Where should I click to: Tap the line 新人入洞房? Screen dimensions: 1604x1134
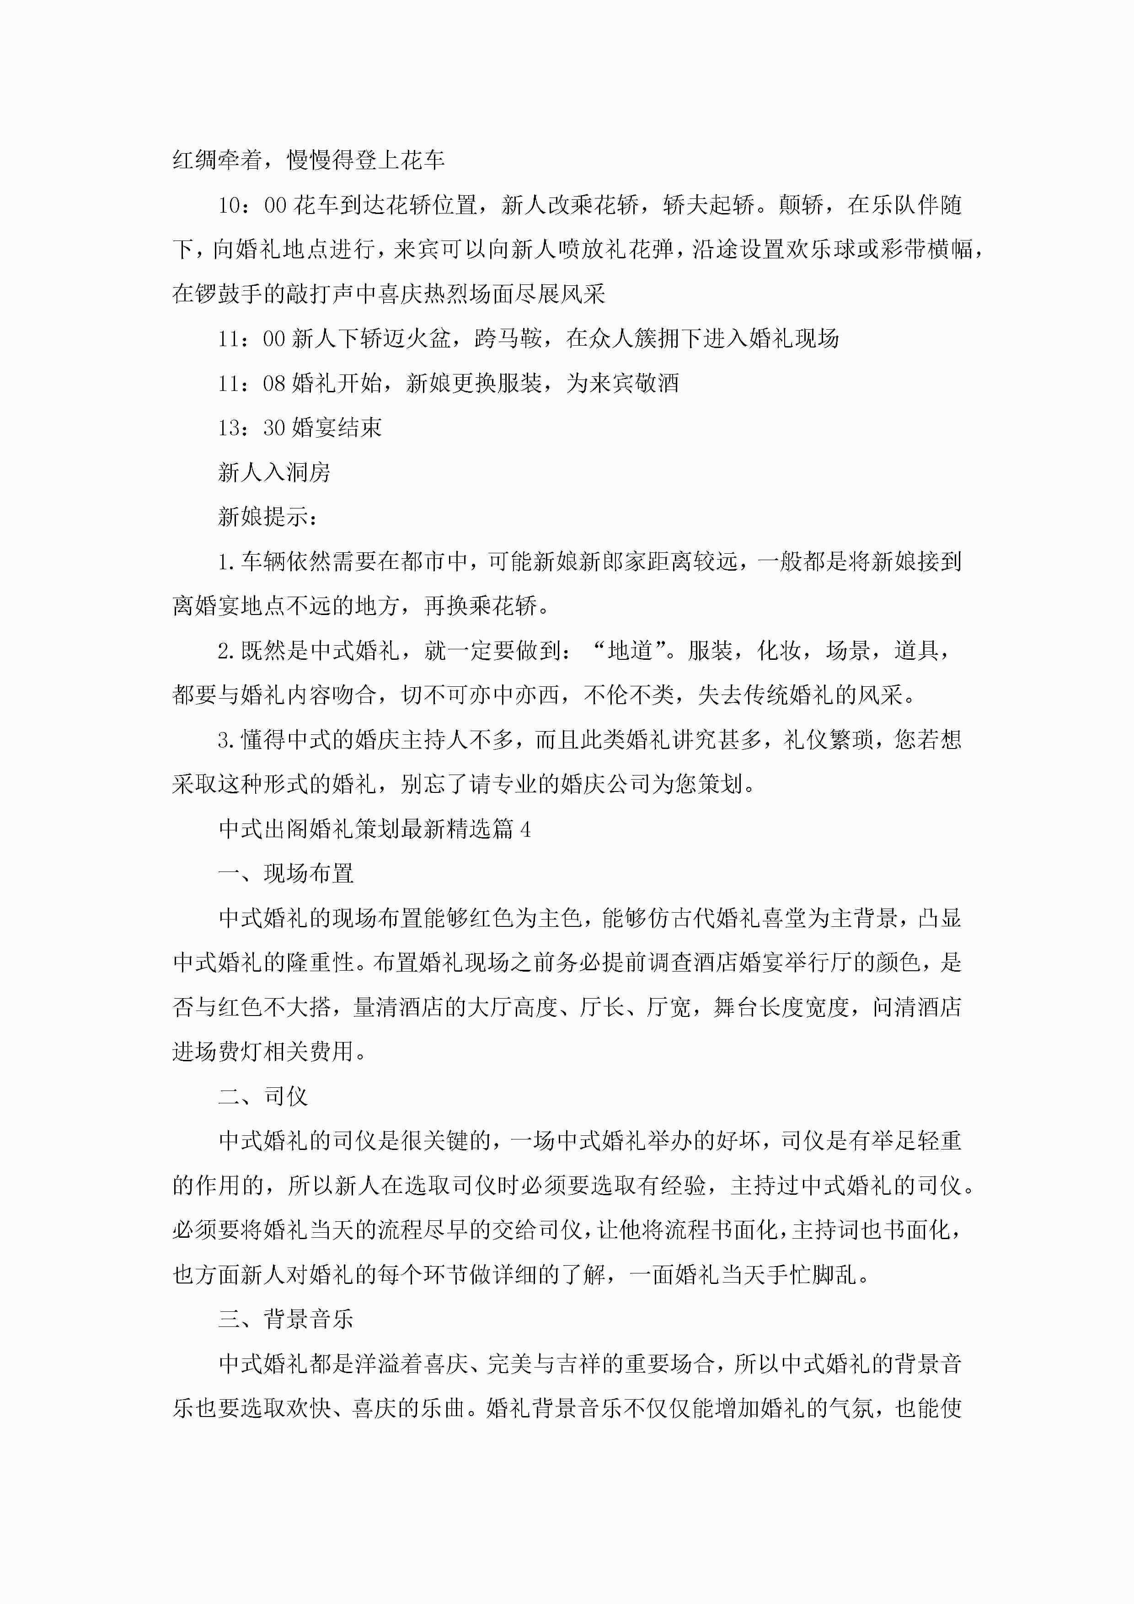[274, 473]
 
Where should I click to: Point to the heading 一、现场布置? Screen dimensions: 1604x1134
[286, 874]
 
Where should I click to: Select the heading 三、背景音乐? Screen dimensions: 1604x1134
[286, 1320]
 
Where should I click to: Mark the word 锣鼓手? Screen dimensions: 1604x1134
[229, 294]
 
